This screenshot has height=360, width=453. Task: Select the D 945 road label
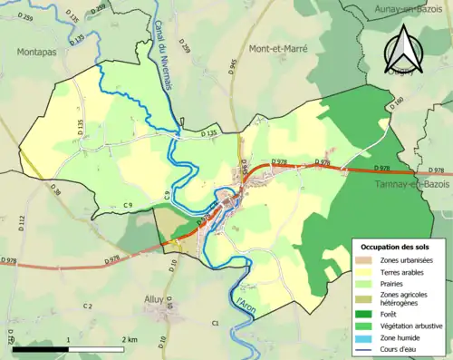point(233,65)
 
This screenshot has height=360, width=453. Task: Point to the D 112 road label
point(19,222)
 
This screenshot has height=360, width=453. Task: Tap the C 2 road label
point(88,306)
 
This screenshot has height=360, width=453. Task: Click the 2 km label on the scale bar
point(129,339)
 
